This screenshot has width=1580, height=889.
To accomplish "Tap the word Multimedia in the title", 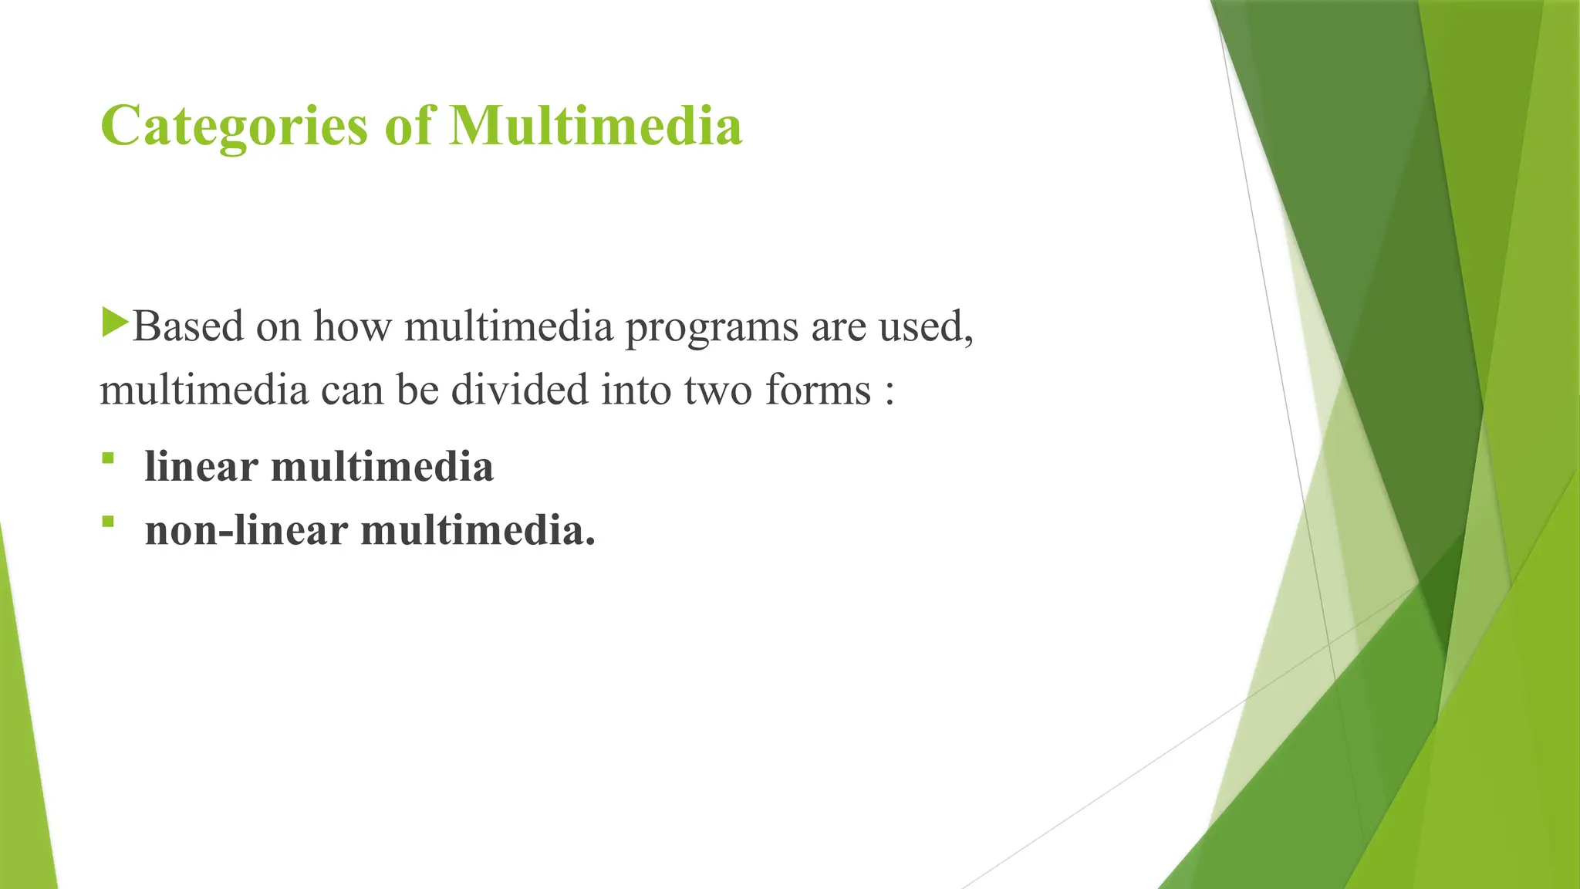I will point(595,126).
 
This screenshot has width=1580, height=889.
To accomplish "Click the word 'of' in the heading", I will point(409,126).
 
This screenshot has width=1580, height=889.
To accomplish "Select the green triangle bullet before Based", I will point(114,322).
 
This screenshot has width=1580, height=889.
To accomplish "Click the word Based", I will point(188,326).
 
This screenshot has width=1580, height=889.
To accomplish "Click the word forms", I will point(818,390).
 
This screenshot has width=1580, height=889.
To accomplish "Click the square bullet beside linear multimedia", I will point(107,459).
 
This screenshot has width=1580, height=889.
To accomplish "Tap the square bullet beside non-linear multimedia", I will point(107,522).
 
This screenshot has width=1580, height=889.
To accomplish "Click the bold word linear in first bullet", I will point(201,467).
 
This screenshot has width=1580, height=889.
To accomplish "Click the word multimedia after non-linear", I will point(478,531).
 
